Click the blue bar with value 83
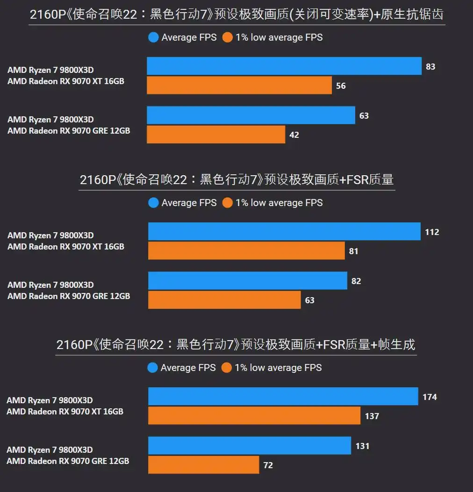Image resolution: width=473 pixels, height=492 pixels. pos(284,66)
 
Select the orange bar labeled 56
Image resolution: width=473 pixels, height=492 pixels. pos(239,86)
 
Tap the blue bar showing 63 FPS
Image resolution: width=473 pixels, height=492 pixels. pos(251,115)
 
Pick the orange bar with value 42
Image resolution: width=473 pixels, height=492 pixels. pos(216,135)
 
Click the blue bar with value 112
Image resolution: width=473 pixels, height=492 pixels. pos(284,232)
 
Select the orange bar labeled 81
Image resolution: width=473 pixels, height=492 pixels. pos(246,251)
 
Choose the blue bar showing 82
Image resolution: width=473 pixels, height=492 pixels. pos(248,281)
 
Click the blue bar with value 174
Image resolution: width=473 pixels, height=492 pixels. pos(283,397)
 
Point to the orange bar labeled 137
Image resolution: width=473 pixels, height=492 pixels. pos(254,416)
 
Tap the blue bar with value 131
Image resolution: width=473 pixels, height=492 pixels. pos(250,446)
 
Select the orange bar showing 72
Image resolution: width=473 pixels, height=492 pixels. pos(204,465)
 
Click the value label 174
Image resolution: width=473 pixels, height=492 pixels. pos(430,397)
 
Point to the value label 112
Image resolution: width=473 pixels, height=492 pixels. pos(432,232)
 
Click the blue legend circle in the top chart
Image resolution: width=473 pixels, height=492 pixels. pos(153,37)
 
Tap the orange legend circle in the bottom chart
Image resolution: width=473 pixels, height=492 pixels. pos(227,368)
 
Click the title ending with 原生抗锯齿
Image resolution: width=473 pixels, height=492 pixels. pos(236,15)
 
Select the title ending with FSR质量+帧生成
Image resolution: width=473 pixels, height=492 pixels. pos(236,345)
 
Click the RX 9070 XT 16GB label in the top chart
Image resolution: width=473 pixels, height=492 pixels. pos(65,81)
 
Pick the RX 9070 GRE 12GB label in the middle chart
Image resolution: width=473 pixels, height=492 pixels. pos(68,296)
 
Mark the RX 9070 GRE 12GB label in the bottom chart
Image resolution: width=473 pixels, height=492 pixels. pos(68,461)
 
